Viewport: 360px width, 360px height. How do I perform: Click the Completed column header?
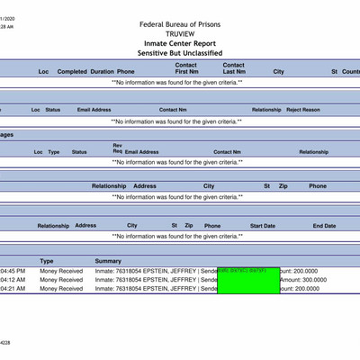click(72, 71)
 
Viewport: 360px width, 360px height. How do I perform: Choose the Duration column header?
click(102, 71)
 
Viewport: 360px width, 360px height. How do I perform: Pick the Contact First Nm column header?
click(186, 68)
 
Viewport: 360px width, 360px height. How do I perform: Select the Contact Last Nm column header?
click(234, 68)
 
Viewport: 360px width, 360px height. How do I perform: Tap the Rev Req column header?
click(117, 148)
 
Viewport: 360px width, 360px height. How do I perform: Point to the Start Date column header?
click(263, 226)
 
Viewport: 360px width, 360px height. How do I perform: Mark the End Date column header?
click(324, 226)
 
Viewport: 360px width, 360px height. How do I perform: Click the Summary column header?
click(108, 261)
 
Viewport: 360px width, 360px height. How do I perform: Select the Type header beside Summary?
click(47, 261)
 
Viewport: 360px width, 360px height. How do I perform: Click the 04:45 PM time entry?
click(13, 271)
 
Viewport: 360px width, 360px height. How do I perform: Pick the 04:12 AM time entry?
click(13, 280)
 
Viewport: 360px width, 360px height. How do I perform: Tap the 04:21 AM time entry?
click(13, 289)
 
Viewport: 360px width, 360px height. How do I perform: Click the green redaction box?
click(248, 280)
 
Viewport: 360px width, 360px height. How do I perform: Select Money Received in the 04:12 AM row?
click(61, 280)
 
